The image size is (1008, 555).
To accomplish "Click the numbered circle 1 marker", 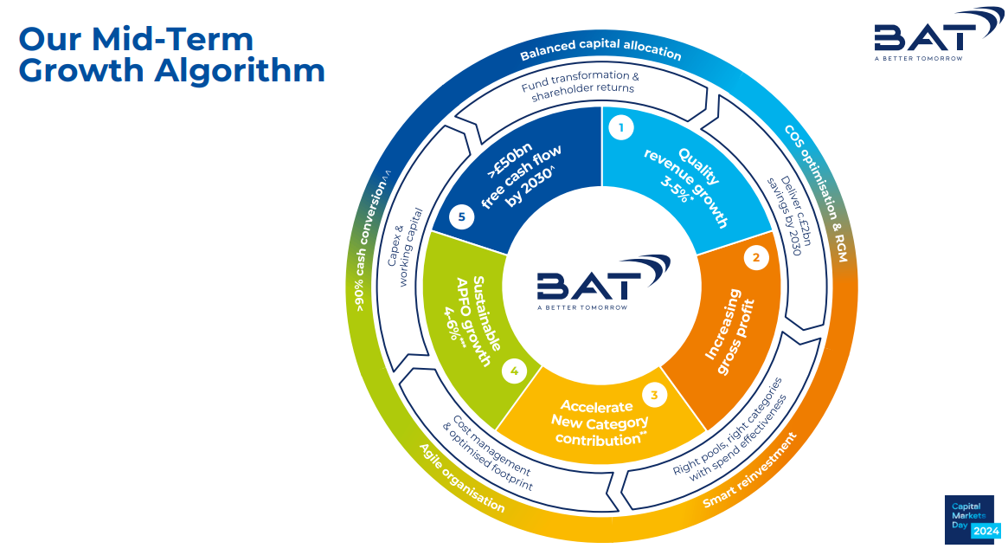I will (x=620, y=129).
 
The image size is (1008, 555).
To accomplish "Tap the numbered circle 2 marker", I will (x=756, y=257).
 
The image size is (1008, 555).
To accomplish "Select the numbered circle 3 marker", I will (x=654, y=396).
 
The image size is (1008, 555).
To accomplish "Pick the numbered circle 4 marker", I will (x=514, y=371).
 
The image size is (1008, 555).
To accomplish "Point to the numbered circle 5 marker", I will (x=461, y=216).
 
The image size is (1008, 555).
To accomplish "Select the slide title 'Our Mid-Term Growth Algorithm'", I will (x=171, y=54).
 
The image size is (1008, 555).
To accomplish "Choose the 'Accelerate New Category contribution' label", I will (x=603, y=423).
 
